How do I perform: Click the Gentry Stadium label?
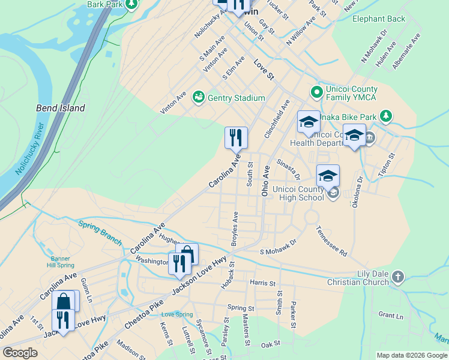pyautogui.click(x=237, y=98)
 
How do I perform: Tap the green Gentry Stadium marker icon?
pyautogui.click(x=198, y=97)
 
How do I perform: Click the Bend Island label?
pyautogui.click(x=61, y=109)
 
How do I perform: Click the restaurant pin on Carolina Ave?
pyautogui.click(x=236, y=138)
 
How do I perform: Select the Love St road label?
pyautogui.click(x=264, y=70)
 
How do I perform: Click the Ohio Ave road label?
pyautogui.click(x=265, y=181)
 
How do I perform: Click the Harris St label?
pyautogui.click(x=262, y=283)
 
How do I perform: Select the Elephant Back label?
pyautogui.click(x=379, y=19)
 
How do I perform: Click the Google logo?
pyautogui.click(x=20, y=353)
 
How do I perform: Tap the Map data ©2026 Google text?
pyautogui.click(x=411, y=355)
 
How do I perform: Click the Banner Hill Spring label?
pyautogui.click(x=59, y=262)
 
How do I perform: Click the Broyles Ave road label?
pyautogui.click(x=235, y=229)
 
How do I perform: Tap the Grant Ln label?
pyautogui.click(x=391, y=314)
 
